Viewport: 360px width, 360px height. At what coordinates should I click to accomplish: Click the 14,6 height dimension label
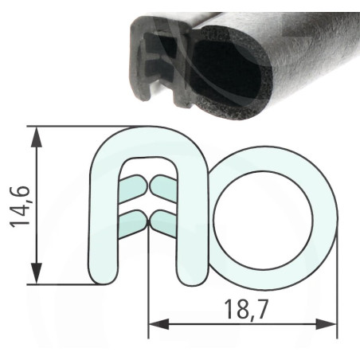point(20,206)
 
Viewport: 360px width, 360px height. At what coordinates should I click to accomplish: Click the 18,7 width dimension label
point(245,309)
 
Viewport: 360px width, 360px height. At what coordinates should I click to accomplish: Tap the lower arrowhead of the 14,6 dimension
point(37,273)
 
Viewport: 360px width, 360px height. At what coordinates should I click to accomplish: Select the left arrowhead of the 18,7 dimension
point(158,324)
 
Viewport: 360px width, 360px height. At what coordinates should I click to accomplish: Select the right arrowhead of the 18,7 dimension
point(327,324)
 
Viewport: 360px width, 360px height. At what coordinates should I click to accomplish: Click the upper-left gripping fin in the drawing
point(132,188)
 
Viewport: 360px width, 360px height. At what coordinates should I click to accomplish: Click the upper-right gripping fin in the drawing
point(163,188)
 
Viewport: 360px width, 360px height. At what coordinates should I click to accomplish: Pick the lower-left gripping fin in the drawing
point(132,224)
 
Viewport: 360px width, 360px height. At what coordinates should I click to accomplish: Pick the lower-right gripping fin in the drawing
point(163,224)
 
